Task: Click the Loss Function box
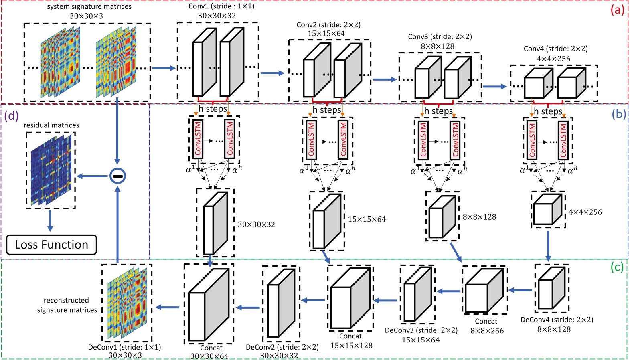[51, 245]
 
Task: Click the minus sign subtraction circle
[117, 176]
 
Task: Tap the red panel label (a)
[617, 10]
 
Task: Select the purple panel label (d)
[11, 116]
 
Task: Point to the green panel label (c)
[617, 267]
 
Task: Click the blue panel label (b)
[618, 114]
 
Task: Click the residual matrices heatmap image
[51, 170]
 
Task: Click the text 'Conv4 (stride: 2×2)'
[555, 49]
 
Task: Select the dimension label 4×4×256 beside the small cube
[585, 212]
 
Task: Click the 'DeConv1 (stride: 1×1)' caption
[124, 347]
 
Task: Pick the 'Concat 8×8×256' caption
[486, 326]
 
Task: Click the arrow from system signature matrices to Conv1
[164, 68]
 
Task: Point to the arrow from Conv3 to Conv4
[494, 86]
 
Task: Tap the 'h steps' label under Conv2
[326, 110]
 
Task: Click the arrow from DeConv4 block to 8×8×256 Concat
[520, 290]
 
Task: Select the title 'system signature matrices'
[89, 7]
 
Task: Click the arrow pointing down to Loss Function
[50, 221]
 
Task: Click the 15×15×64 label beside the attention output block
[367, 219]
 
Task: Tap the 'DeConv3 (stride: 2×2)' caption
[421, 330]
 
